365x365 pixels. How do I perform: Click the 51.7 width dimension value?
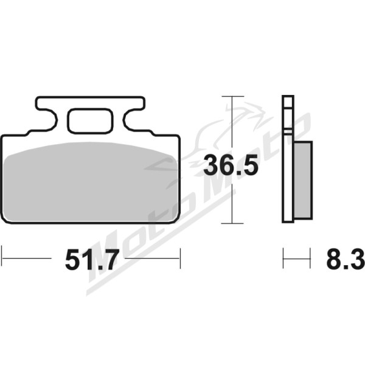click(92, 260)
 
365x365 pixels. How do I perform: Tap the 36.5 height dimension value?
click(231, 165)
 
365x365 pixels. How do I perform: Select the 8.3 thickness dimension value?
click(345, 259)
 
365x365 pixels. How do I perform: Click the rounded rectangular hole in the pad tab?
click(90, 121)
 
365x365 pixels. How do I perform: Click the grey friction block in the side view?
click(303, 180)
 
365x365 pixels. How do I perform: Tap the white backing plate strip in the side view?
click(288, 159)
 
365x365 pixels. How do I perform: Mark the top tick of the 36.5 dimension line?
click(233, 96)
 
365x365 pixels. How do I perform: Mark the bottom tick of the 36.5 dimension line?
click(232, 223)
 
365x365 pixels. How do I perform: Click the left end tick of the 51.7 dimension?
click(2, 258)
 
